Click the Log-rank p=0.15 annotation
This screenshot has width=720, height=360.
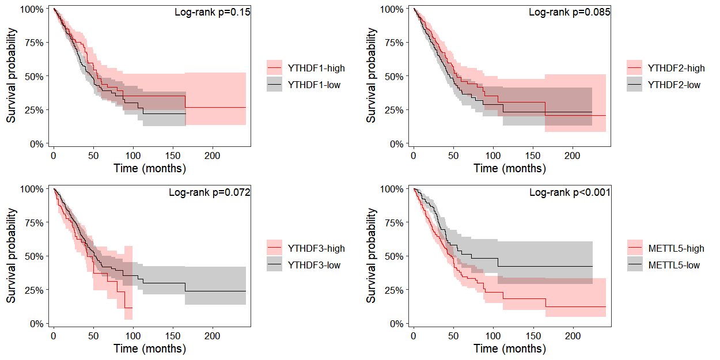click(212, 12)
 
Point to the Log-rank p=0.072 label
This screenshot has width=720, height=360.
click(209, 192)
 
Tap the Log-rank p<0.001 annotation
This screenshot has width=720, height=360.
click(570, 192)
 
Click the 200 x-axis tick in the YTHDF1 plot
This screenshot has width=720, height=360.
click(213, 156)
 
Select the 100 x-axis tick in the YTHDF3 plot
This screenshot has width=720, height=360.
click(133, 336)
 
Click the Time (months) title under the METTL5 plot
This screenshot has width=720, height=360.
click(510, 348)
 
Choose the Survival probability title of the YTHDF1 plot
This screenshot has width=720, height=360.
click(12, 77)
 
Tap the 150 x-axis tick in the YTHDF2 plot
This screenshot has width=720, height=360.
click(533, 156)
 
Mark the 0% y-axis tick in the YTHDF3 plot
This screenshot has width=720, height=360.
click(36, 324)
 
